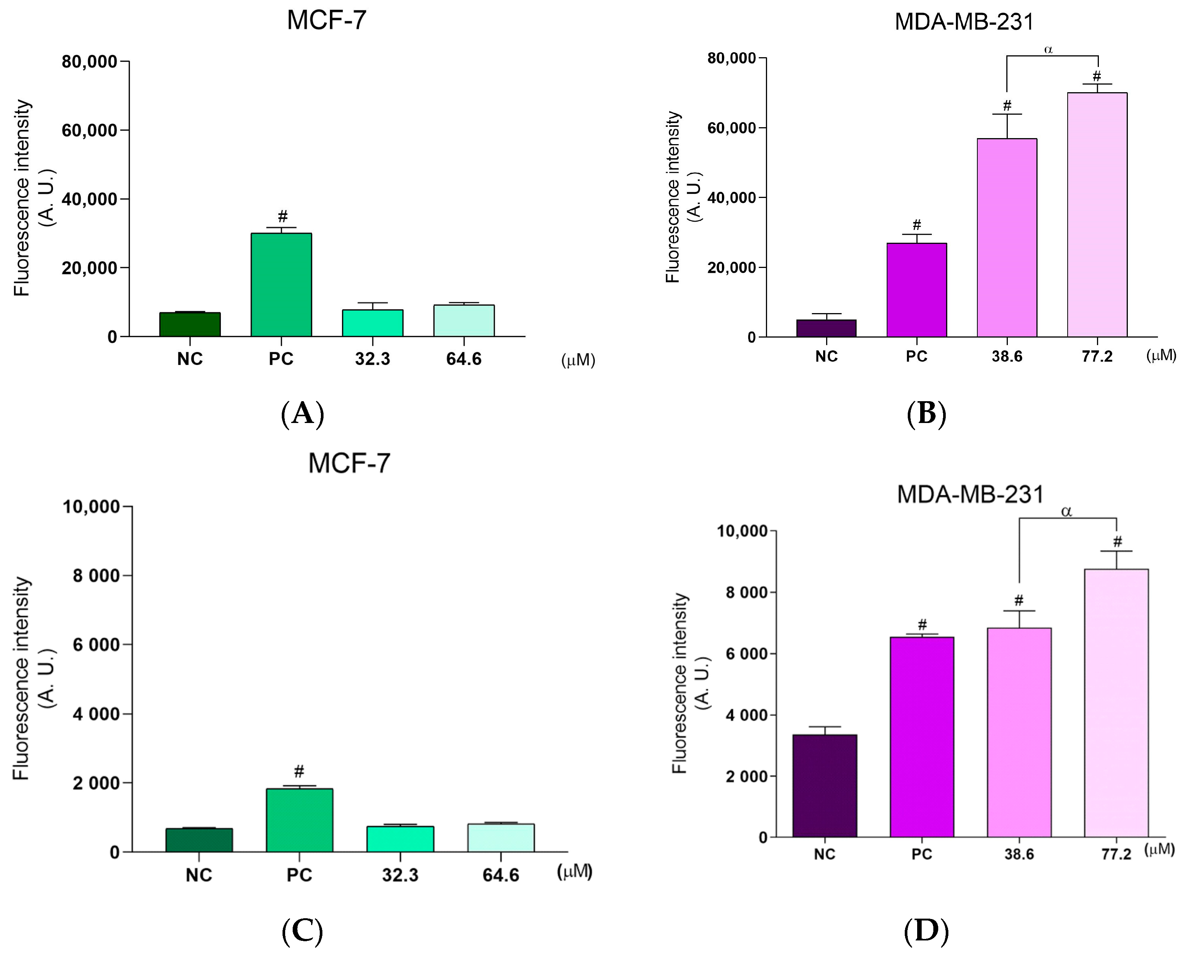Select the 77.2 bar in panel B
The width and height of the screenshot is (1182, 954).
[1097, 214]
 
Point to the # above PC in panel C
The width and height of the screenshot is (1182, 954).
[299, 771]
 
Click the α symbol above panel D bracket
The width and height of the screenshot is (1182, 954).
[1066, 511]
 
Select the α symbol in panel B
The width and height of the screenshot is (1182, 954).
[1048, 49]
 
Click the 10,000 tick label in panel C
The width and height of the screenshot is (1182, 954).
[91, 507]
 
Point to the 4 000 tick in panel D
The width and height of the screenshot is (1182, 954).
[741, 715]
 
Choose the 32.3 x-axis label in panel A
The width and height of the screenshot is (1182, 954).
[372, 359]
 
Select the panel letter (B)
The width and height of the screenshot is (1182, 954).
[926, 414]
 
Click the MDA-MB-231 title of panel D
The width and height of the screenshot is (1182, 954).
[970, 494]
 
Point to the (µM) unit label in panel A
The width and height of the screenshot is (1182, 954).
[578, 361]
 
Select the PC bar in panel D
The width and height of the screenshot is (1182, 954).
[922, 736]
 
